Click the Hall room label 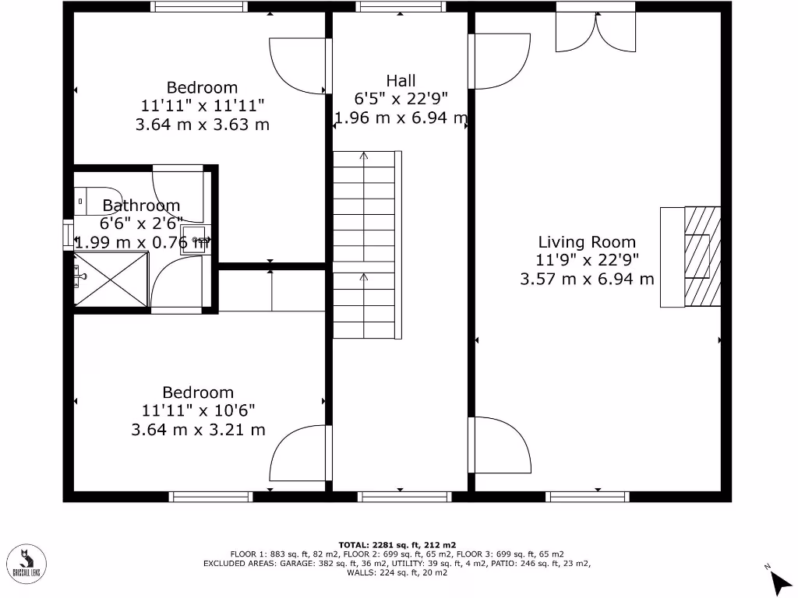point(401,80)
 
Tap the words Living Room point(586,242)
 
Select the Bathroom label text point(141,206)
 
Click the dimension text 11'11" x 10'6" point(198,411)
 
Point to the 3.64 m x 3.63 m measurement point(202,125)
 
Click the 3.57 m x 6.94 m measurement point(586,279)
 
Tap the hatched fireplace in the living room point(702,257)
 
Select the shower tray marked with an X point(111,279)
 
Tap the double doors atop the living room point(595,32)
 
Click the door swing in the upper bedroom point(296,66)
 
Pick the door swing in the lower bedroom point(296,452)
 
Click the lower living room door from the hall point(498,445)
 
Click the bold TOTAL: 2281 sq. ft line point(397,544)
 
